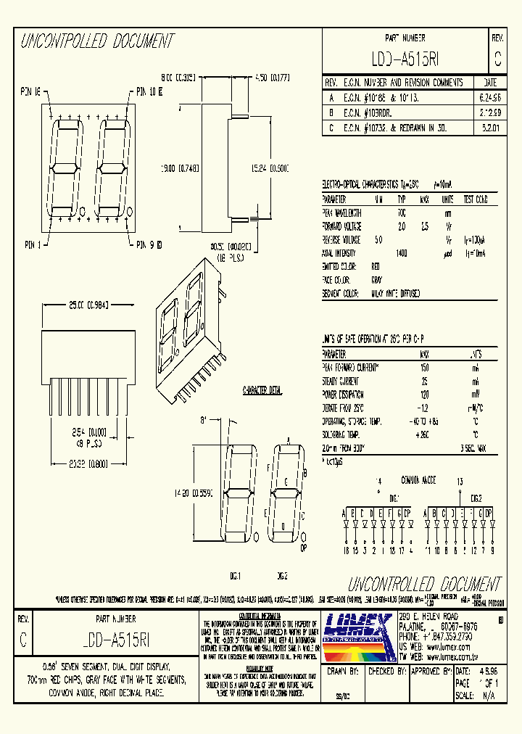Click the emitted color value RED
point(375,266)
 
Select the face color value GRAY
point(376,279)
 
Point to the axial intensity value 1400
point(402,253)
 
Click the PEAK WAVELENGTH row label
point(344,213)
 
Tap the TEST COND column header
point(476,199)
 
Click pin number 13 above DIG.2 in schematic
point(460,481)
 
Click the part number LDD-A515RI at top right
point(404,59)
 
